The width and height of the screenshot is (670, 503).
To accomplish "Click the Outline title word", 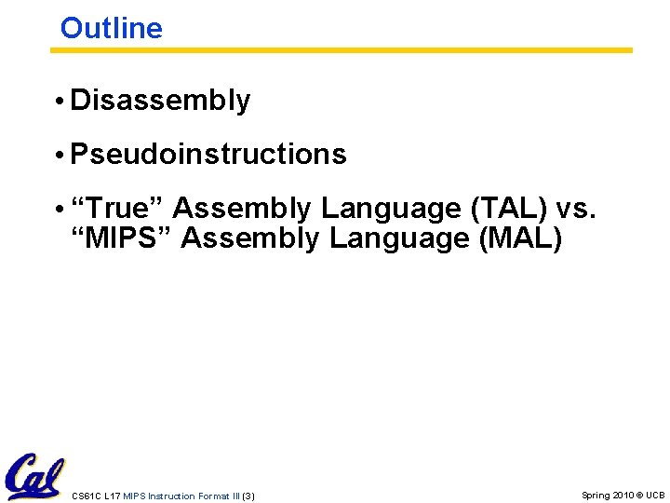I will point(111,28).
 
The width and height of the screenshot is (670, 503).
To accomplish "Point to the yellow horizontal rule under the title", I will point(341,50).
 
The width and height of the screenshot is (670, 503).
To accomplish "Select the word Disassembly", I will point(160,101).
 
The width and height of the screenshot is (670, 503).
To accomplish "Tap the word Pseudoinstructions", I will point(208,155).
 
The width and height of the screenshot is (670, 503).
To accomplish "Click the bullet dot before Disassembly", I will point(60,102).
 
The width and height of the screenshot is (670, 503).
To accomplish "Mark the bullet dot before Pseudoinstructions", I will point(60,156).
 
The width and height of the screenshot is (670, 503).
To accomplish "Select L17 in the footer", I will point(111,496).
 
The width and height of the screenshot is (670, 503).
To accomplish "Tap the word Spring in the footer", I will point(596,496).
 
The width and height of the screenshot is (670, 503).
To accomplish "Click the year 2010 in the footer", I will point(624,496).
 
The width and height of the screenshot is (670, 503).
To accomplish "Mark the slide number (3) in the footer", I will point(248,496).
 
